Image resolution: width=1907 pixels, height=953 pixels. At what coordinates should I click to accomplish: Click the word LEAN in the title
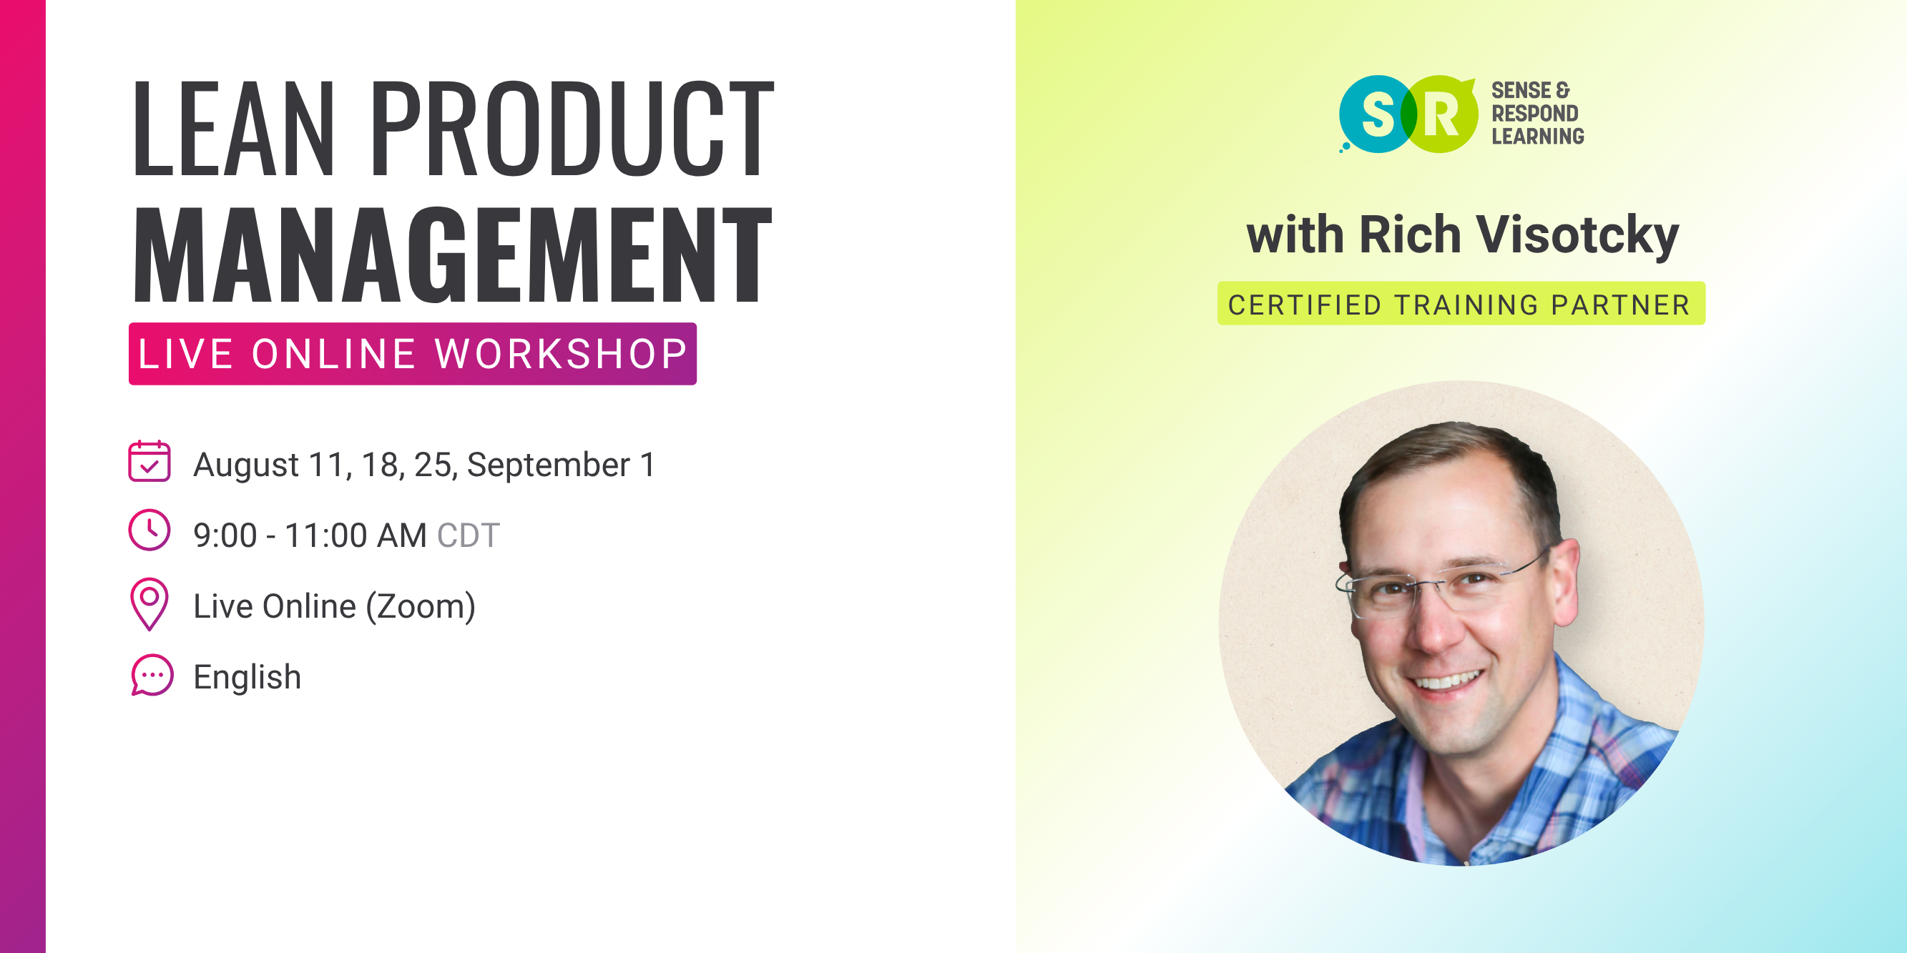(x=233, y=129)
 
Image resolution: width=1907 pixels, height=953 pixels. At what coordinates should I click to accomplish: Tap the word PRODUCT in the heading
(x=572, y=129)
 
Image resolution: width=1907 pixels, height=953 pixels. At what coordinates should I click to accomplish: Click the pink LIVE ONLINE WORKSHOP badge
(x=412, y=354)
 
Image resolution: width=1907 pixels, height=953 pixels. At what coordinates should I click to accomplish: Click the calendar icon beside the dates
(x=149, y=462)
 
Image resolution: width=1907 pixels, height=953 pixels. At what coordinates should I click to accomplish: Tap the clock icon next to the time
(x=149, y=530)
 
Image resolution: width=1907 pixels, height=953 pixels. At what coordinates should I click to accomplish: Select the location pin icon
(x=149, y=604)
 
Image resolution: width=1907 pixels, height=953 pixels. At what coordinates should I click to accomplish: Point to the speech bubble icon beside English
(x=152, y=675)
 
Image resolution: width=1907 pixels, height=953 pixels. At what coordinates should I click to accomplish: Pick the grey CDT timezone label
(x=469, y=535)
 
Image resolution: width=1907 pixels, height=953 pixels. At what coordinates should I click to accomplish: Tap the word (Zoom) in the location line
(x=421, y=607)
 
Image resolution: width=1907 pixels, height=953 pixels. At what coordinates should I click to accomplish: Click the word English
(x=247, y=678)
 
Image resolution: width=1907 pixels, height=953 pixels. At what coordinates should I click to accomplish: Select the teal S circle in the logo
(x=1376, y=114)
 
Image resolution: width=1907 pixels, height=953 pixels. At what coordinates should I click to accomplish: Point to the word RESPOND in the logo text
(x=1534, y=113)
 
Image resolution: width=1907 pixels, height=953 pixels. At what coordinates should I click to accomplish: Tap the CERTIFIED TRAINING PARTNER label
(x=1461, y=304)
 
